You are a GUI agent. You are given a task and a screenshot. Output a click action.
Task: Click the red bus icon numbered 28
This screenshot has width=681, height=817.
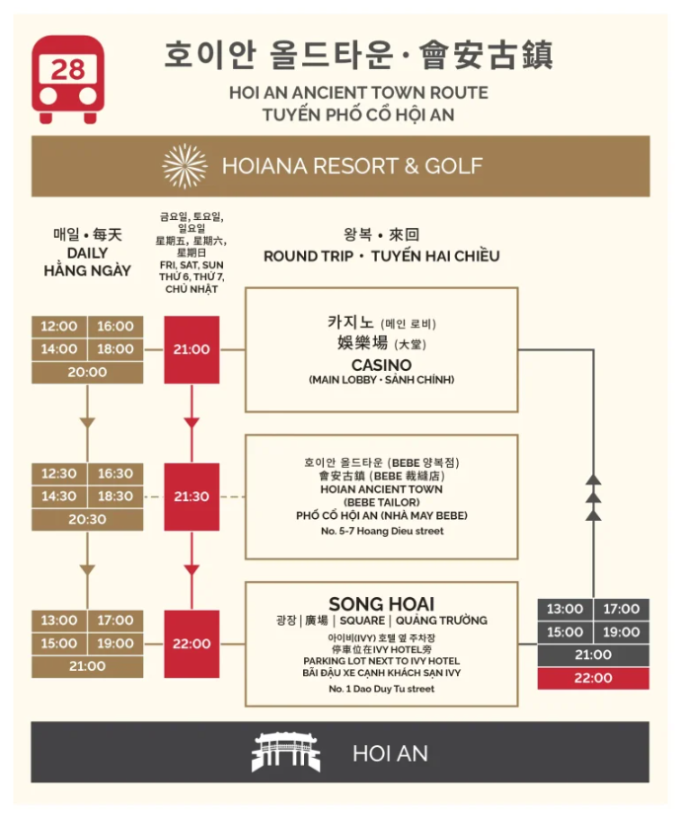(x=68, y=78)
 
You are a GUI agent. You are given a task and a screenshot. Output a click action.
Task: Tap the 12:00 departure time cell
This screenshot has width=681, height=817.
(x=59, y=327)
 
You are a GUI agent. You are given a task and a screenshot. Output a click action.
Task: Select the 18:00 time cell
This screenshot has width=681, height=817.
(x=115, y=349)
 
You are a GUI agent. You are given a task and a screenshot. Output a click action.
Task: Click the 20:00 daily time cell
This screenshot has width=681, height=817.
(x=87, y=372)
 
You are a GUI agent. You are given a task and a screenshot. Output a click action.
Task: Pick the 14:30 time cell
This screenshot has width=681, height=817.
(x=59, y=496)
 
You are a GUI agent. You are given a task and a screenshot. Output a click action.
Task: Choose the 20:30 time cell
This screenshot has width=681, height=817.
(x=87, y=519)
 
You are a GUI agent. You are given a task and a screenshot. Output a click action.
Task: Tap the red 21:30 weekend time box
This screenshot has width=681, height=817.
(x=191, y=496)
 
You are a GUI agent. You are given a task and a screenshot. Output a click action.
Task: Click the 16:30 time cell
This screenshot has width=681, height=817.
(x=115, y=474)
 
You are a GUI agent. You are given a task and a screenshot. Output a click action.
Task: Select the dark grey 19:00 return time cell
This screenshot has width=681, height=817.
(x=622, y=632)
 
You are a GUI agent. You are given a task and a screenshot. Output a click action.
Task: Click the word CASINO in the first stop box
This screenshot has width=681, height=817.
(x=381, y=365)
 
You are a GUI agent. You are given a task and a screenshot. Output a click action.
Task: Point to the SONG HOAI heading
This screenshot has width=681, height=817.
(x=381, y=603)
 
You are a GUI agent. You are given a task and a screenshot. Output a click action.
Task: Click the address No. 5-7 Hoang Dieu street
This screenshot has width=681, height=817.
(x=381, y=532)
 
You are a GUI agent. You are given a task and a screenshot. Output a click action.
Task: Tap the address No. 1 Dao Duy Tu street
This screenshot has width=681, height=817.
(x=381, y=689)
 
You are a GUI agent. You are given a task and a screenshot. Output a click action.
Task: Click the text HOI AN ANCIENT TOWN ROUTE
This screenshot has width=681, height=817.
(x=358, y=93)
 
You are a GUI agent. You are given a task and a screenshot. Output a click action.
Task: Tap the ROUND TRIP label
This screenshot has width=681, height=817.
(x=311, y=257)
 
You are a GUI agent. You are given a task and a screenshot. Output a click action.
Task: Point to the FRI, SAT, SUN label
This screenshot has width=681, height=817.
(x=191, y=266)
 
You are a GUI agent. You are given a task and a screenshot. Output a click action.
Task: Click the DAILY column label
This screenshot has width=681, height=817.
(x=87, y=253)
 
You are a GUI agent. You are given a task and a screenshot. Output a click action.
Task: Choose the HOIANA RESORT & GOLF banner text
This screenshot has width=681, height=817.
(x=352, y=166)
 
